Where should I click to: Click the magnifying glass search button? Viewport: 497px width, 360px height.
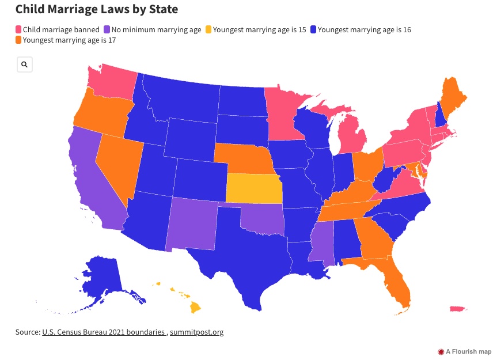coord(25,65)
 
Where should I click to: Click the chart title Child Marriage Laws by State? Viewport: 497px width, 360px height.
coord(97,9)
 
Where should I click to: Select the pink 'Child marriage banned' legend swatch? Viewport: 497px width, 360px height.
coord(18,29)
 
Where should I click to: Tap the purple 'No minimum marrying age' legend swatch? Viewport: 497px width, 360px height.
coord(107,29)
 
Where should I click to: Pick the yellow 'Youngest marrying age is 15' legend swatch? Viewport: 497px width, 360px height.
coord(208,29)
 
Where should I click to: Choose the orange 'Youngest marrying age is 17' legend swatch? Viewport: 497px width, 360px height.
coord(18,40)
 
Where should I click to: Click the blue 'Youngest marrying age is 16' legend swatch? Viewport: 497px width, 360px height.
coord(313,29)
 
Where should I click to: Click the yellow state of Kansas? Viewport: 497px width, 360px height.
coord(253,188)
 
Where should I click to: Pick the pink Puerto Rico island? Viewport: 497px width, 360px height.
coord(457,310)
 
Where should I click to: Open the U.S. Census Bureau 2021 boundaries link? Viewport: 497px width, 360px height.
coord(104,332)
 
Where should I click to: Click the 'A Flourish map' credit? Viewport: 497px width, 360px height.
coord(465,351)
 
